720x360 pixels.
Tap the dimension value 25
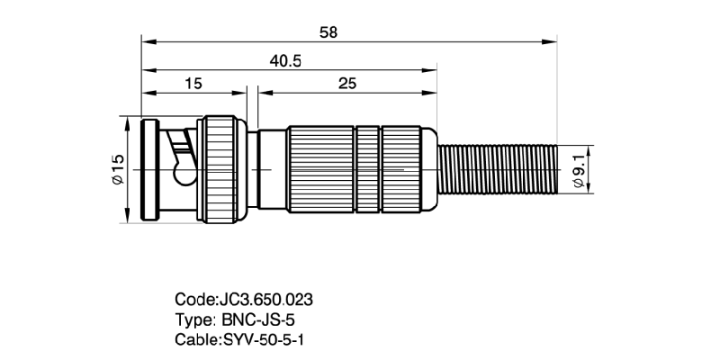coord(347,83)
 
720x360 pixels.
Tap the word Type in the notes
coord(193,319)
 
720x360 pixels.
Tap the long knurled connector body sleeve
coord(360,168)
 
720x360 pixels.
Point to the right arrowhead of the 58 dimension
coord(553,40)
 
